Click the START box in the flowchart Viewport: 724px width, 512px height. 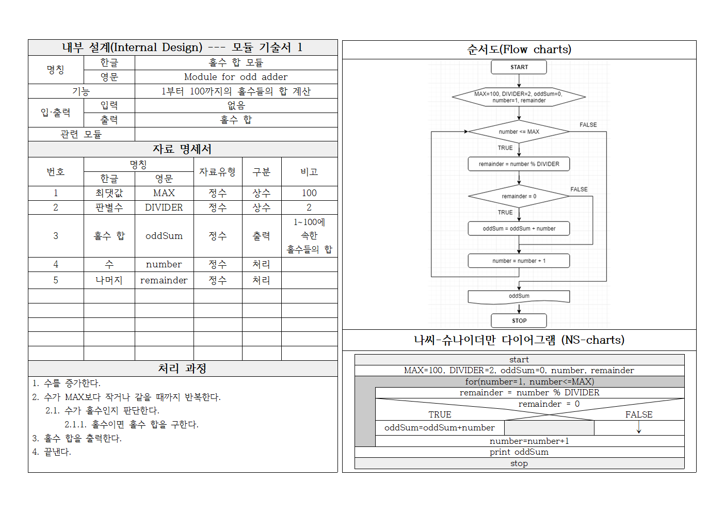click(x=519, y=67)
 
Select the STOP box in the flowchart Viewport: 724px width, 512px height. click(x=519, y=321)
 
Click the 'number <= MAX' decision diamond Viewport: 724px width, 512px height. click(x=519, y=132)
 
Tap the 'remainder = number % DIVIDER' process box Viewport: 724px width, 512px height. click(x=519, y=164)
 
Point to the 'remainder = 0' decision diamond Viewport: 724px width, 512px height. click(x=519, y=196)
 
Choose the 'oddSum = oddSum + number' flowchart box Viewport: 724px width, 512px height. click(x=519, y=229)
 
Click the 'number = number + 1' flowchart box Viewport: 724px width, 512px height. click(x=519, y=261)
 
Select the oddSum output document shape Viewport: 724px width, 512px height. click(x=519, y=296)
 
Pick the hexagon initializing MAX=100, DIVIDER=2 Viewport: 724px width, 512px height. click(x=519, y=97)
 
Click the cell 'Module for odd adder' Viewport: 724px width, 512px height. click(x=236, y=77)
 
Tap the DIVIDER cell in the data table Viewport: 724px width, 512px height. click(x=164, y=207)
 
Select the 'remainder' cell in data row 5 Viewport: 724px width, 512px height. click(x=164, y=280)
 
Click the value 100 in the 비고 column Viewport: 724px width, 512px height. click(x=309, y=193)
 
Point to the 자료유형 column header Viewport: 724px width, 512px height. click(x=217, y=172)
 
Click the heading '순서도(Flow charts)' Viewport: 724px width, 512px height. click(x=519, y=50)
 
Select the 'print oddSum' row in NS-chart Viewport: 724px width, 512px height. click(x=519, y=452)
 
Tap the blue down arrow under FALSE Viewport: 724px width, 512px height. click(x=639, y=427)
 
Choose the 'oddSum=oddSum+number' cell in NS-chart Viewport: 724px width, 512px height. click(x=440, y=428)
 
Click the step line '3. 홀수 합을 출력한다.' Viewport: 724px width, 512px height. click(x=77, y=438)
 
